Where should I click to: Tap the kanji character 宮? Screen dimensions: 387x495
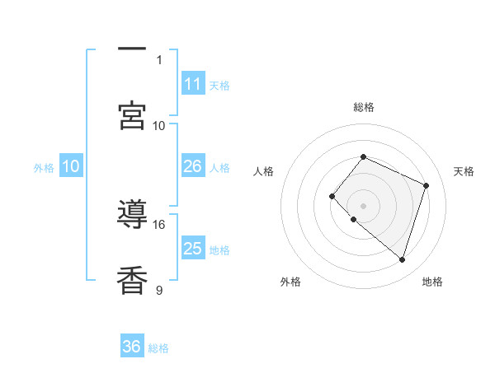click(132, 116)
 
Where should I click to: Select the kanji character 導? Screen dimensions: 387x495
click(132, 215)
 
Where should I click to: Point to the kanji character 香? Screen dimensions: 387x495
click(132, 281)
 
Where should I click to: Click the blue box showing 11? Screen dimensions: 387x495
click(193, 84)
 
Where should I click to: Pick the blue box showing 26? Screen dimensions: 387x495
click(193, 166)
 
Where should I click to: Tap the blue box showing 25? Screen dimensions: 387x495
click(193, 249)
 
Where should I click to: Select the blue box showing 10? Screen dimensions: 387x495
click(71, 166)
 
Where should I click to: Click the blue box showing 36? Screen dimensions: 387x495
click(132, 347)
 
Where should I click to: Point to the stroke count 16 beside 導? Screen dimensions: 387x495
click(159, 224)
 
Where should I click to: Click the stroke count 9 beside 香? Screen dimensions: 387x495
click(159, 290)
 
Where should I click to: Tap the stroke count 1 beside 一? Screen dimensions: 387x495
click(159, 59)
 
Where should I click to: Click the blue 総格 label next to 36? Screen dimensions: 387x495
click(158, 348)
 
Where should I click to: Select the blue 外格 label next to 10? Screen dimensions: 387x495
click(44, 168)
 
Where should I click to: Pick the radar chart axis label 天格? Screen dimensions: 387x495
click(464, 171)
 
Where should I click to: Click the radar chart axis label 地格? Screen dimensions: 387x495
click(432, 282)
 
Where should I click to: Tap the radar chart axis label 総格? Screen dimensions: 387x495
click(364, 107)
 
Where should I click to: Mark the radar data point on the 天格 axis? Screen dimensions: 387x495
click(427, 185)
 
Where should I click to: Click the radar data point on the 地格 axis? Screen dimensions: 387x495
click(402, 259)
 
